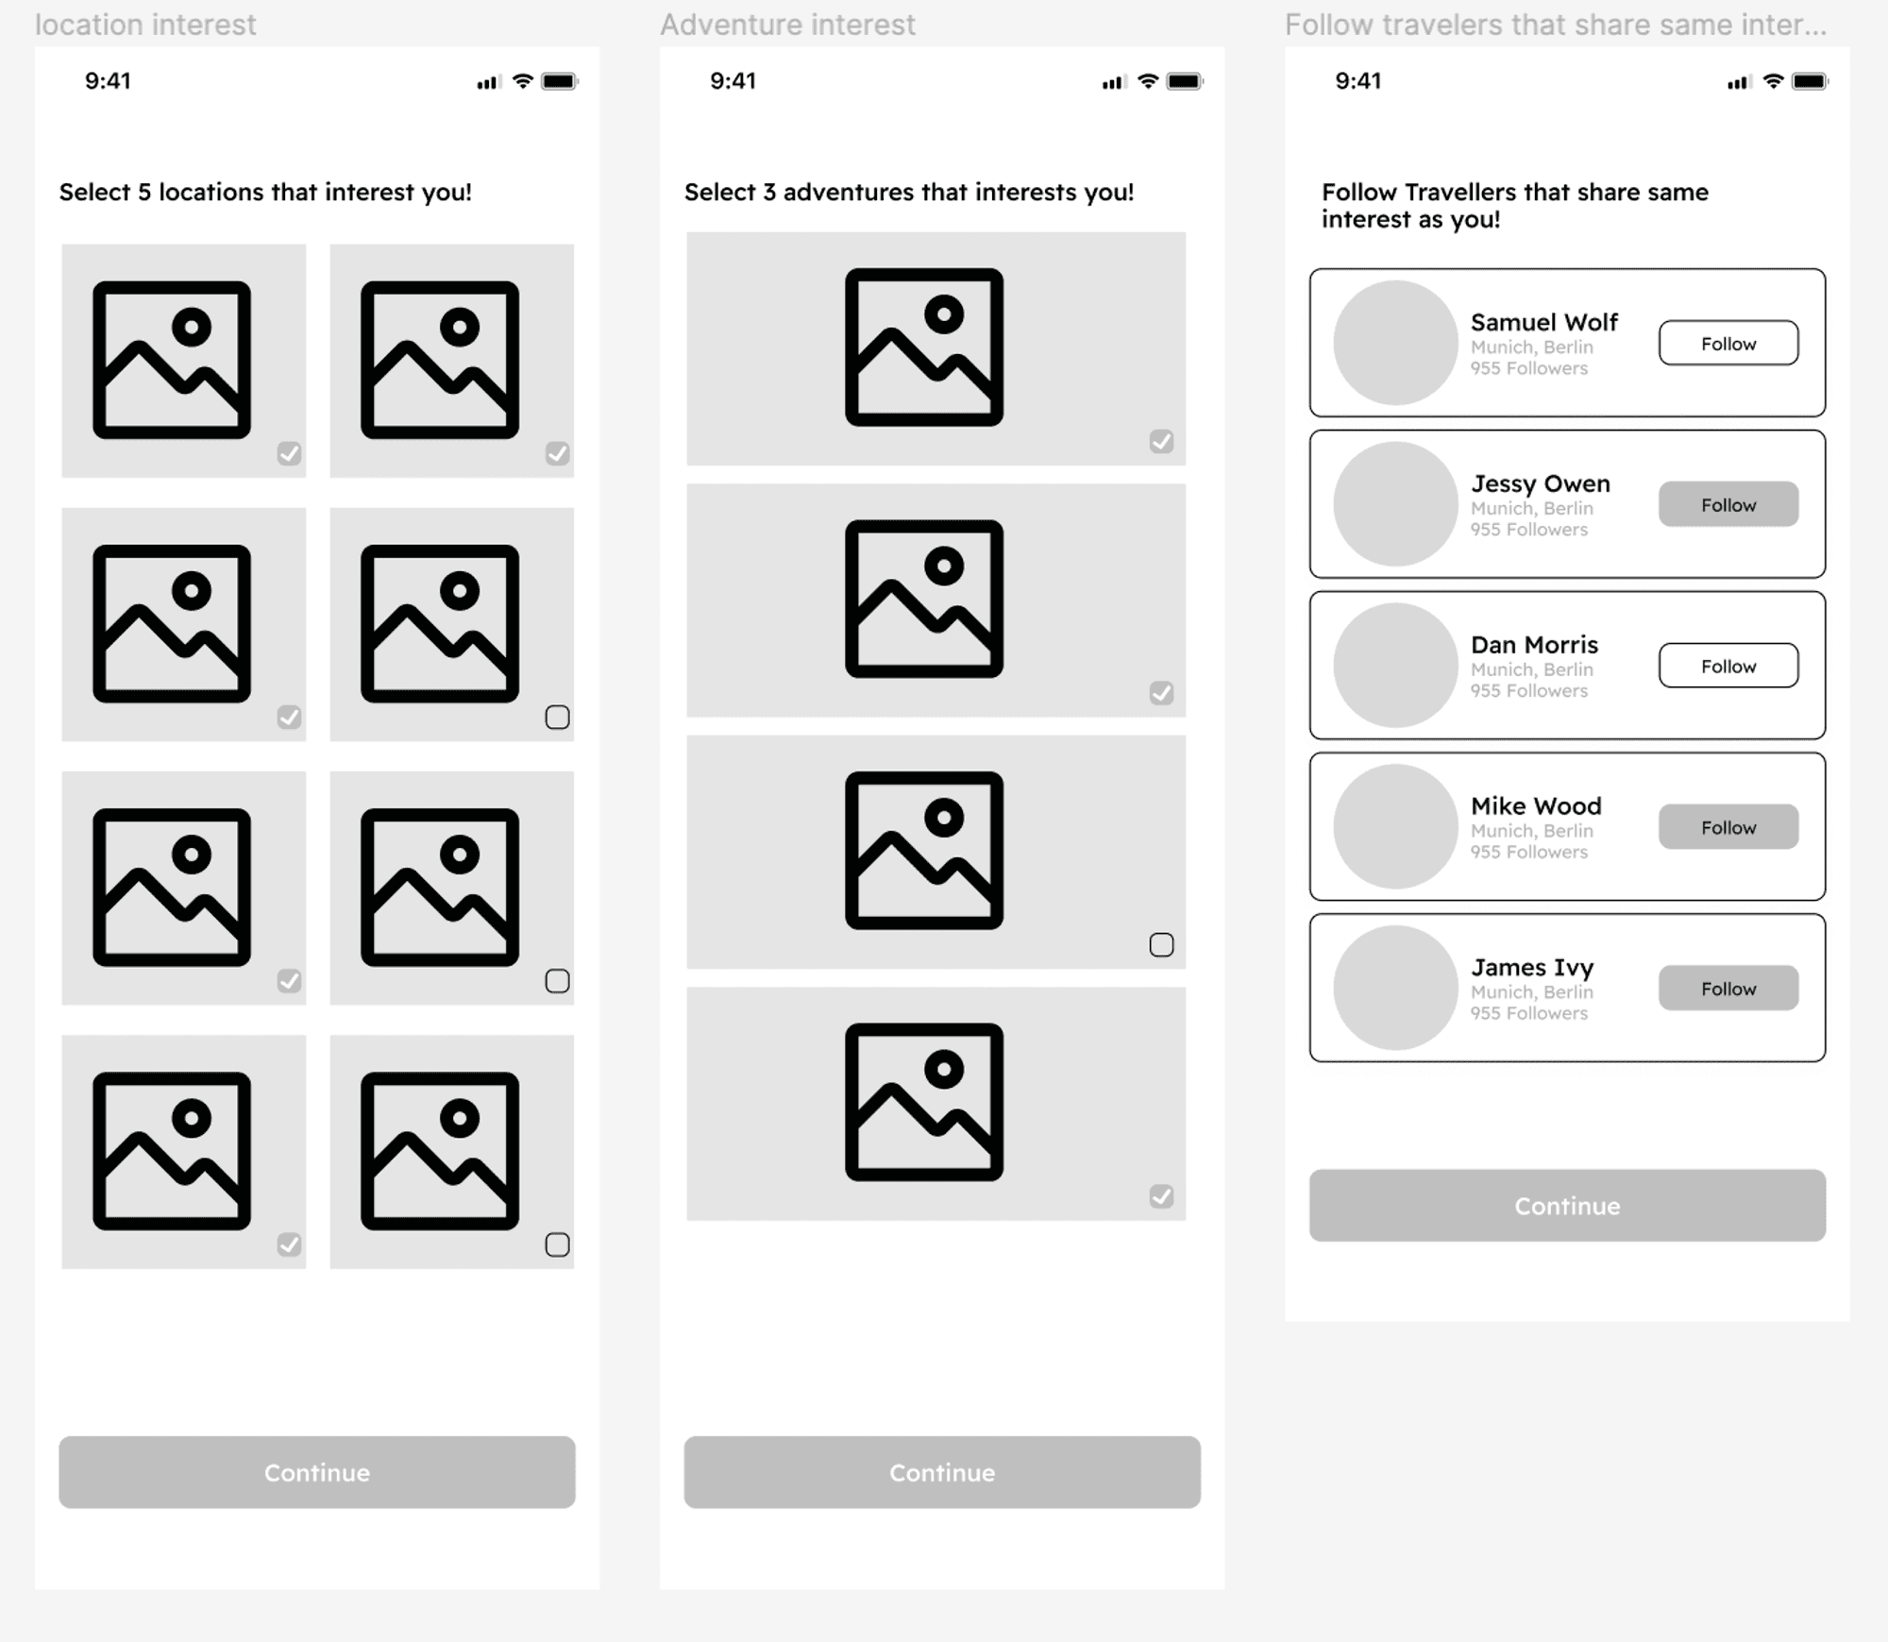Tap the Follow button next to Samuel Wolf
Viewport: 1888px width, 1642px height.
coord(1728,343)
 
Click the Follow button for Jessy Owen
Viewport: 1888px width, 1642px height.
coord(1728,504)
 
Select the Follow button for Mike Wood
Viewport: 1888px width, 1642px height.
coord(1728,826)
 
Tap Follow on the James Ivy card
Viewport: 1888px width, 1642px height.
coord(1728,988)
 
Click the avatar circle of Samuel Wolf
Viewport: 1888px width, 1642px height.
coord(1395,343)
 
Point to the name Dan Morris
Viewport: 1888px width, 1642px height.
coord(1534,645)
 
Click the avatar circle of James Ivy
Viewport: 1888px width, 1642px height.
coord(1395,988)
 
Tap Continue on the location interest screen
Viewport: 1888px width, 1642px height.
coord(317,1472)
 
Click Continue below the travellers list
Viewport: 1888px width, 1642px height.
coord(1567,1206)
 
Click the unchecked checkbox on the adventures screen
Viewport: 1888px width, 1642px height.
coord(1161,945)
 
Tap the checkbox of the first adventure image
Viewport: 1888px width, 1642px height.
coord(1161,441)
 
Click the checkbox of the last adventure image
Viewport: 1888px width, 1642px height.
coord(1161,1196)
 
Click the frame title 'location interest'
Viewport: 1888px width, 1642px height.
coord(145,25)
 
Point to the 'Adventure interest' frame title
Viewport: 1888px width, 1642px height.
coord(787,25)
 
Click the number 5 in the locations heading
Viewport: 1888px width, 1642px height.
coord(144,193)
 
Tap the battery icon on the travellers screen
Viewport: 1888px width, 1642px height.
coord(1810,81)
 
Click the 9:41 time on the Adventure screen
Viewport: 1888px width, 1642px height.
coord(733,81)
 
